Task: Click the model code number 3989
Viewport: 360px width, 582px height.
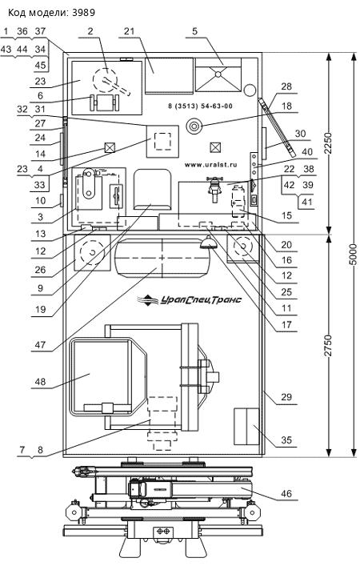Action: pos(84,13)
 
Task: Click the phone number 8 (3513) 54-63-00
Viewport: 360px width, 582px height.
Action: pos(200,106)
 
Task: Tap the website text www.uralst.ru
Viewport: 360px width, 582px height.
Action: pos(211,165)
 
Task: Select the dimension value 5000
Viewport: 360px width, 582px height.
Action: pos(354,255)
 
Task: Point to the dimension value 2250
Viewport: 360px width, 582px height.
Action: pos(329,143)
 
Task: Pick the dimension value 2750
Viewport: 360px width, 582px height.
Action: pos(329,345)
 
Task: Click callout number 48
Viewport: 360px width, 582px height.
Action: pos(40,381)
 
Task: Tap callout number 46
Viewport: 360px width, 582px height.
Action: pos(286,493)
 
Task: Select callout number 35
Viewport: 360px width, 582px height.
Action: pos(286,440)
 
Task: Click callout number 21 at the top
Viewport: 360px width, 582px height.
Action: pos(129,31)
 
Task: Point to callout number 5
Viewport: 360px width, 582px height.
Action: pos(195,31)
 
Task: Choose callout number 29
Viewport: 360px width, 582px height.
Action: pos(286,397)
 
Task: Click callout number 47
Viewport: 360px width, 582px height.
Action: pos(40,345)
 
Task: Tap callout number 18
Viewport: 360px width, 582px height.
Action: pos(286,106)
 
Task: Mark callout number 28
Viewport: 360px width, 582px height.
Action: pos(286,86)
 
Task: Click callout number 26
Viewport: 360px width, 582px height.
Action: pos(40,270)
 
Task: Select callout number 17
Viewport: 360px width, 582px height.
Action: pos(286,325)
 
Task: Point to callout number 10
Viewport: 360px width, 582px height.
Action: pos(40,200)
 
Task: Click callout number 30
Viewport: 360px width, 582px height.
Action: pos(300,133)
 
